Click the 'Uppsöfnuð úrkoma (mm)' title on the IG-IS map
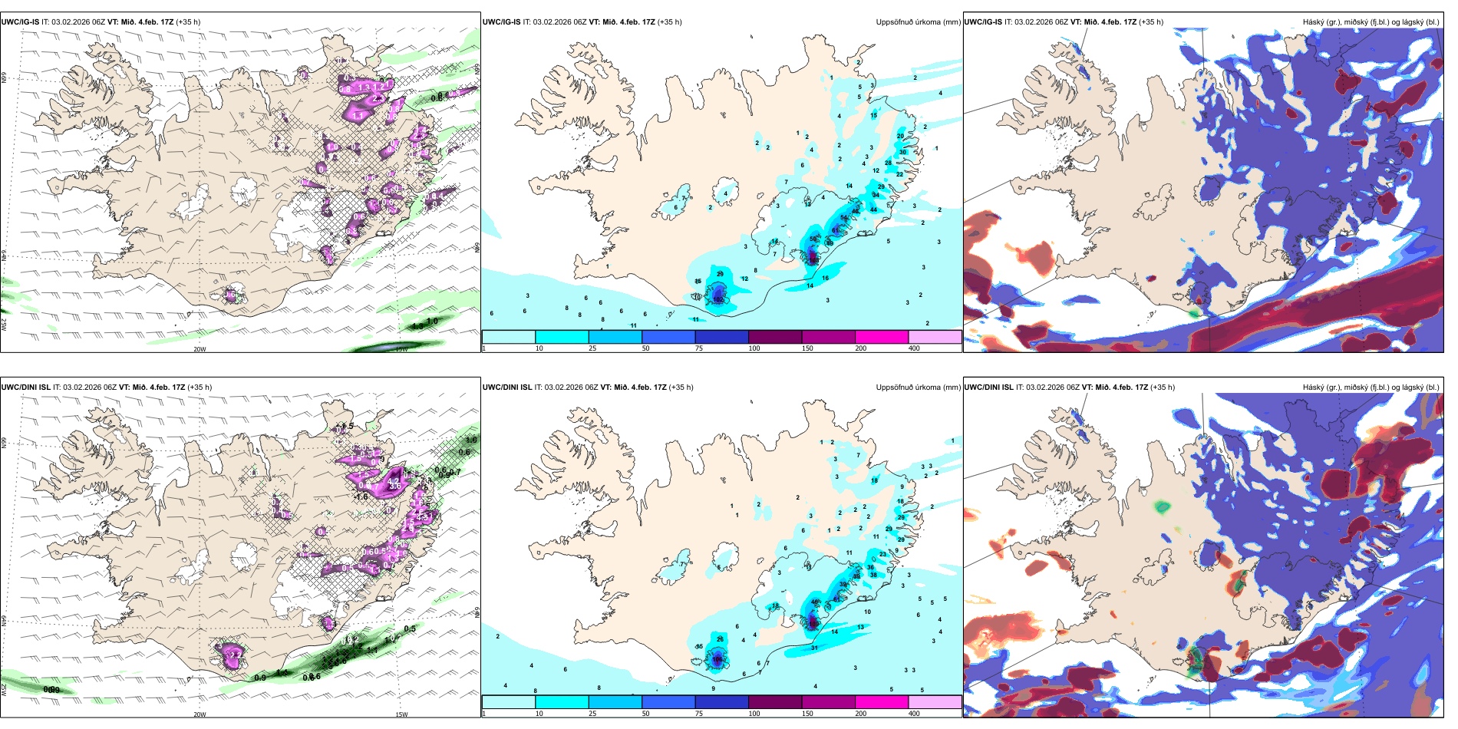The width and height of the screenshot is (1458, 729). [x=918, y=22]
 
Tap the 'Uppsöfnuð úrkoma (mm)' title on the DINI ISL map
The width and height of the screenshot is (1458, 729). [x=918, y=388]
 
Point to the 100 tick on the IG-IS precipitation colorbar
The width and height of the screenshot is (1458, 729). [x=754, y=348]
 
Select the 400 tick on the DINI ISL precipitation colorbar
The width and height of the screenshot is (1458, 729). [x=914, y=714]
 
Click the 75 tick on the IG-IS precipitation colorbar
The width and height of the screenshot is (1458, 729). [x=699, y=348]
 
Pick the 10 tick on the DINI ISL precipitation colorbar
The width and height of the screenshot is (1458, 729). [x=539, y=714]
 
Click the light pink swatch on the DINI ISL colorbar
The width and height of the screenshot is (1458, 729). [x=935, y=702]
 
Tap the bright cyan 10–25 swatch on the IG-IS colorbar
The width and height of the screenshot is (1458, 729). [x=562, y=337]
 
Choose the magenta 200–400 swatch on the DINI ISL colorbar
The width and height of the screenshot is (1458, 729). [x=882, y=702]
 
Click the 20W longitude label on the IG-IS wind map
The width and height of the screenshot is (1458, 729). [x=200, y=349]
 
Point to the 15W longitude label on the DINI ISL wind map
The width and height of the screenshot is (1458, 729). [x=401, y=714]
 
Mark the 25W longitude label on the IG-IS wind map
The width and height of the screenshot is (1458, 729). [x=4, y=325]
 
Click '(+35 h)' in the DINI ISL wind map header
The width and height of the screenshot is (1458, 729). [x=200, y=388]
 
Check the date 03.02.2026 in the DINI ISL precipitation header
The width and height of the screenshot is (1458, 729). [x=563, y=388]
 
